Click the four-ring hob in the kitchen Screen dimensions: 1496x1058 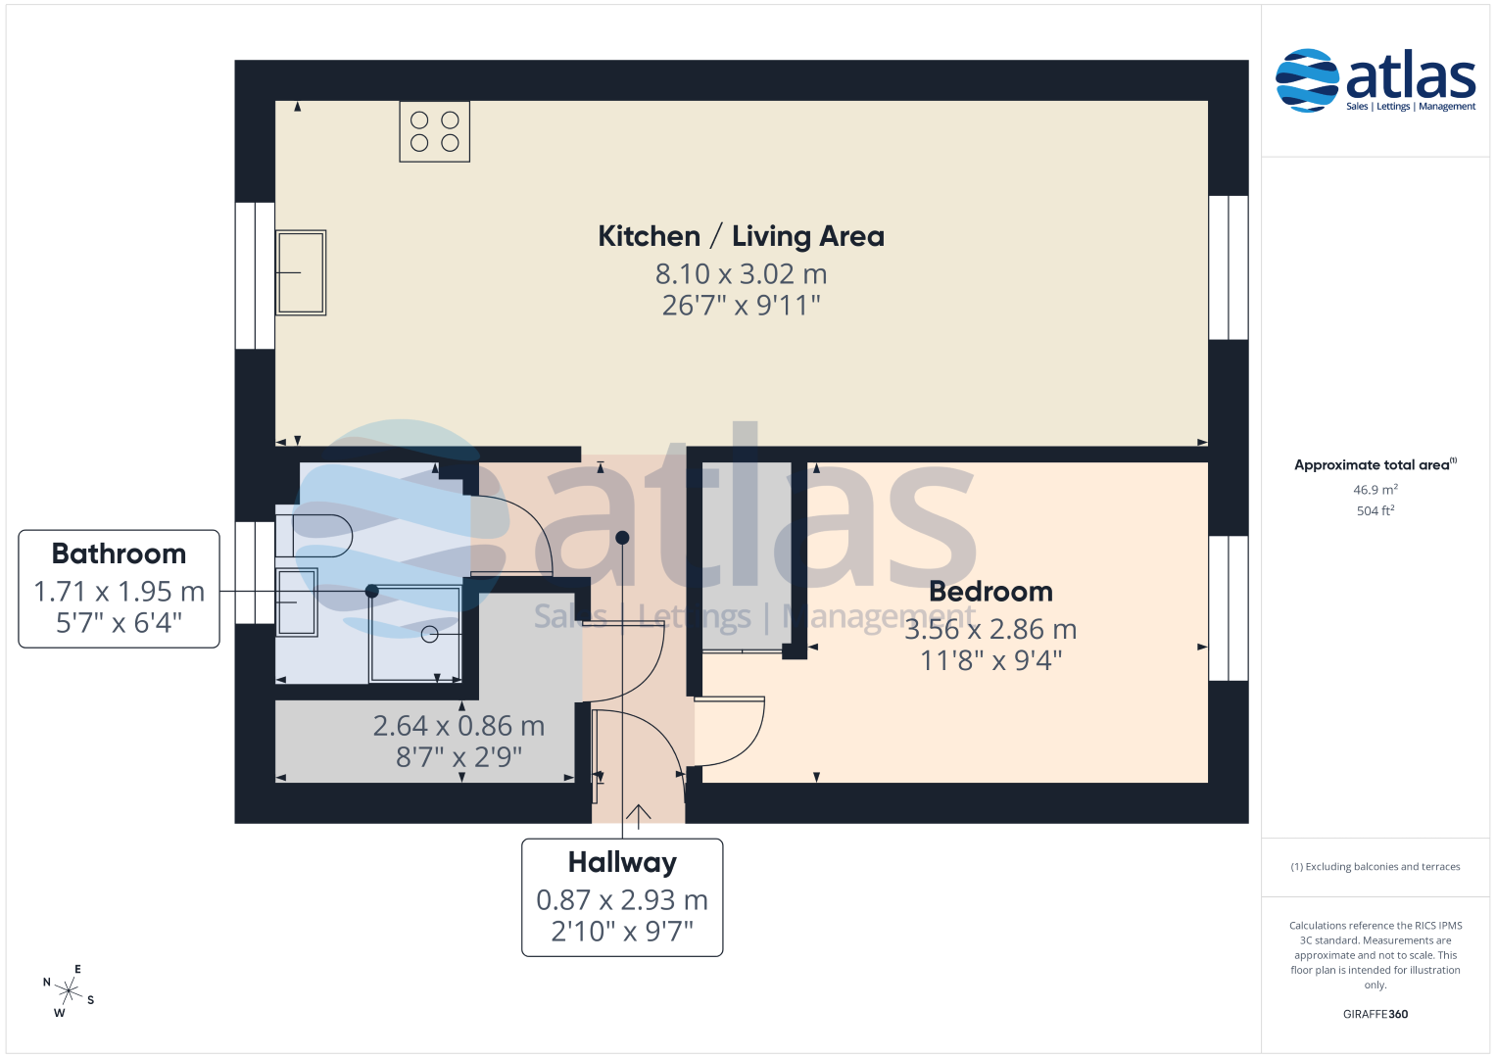pyautogui.click(x=434, y=131)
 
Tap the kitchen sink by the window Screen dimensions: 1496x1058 pyautogui.click(x=301, y=272)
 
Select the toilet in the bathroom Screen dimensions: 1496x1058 pyautogui.click(x=314, y=536)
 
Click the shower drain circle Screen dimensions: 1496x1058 pyautogui.click(x=429, y=634)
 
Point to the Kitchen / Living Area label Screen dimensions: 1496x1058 pyautogui.click(x=741, y=236)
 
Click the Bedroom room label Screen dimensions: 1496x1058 pyautogui.click(x=990, y=592)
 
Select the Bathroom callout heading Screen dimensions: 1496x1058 pyautogui.click(x=119, y=553)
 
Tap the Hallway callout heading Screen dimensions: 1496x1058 pyautogui.click(x=622, y=862)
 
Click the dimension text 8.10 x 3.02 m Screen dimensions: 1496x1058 pyautogui.click(x=741, y=274)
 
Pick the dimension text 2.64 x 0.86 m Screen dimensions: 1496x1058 pyautogui.click(x=458, y=726)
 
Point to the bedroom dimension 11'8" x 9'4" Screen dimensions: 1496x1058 pyautogui.click(x=990, y=660)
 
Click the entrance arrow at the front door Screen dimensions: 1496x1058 pyautogui.click(x=638, y=816)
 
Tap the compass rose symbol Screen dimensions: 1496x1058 pyautogui.click(x=69, y=991)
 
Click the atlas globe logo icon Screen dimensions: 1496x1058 pyautogui.click(x=1307, y=80)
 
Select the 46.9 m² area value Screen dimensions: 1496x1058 pyautogui.click(x=1375, y=490)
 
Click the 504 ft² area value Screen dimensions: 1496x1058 pyautogui.click(x=1375, y=511)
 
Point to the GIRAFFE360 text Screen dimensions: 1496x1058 pyautogui.click(x=1375, y=1014)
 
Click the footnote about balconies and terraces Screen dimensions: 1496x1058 pyautogui.click(x=1375, y=867)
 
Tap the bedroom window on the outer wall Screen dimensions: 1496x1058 pyautogui.click(x=1229, y=607)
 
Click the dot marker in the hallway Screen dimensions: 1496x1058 pyautogui.click(x=622, y=538)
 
